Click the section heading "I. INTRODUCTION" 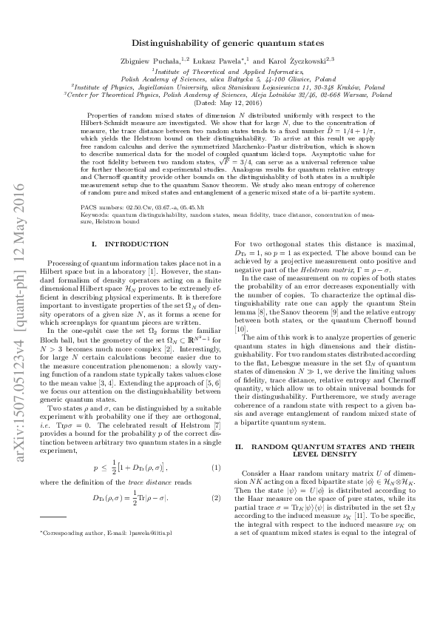click(x=129, y=243)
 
